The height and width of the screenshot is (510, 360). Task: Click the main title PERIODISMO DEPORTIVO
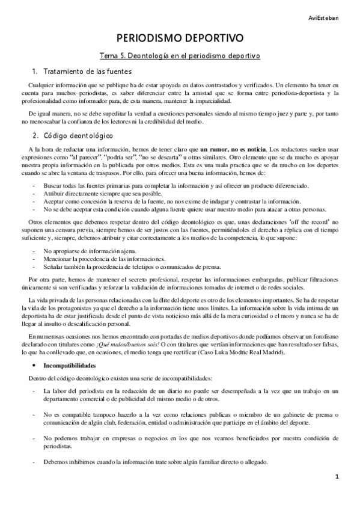coord(180,38)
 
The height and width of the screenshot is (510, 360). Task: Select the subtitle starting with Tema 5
coord(180,56)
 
